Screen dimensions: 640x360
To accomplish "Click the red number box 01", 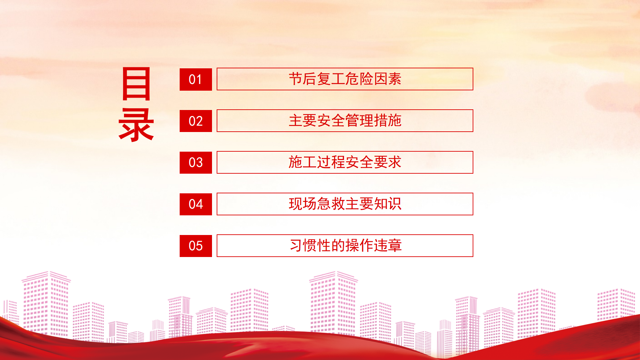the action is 196,79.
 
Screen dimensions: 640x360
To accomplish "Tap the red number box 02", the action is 196,121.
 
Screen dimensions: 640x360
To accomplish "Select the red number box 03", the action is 196,163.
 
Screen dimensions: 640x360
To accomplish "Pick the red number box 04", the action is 196,204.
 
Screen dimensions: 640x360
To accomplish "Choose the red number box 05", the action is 196,246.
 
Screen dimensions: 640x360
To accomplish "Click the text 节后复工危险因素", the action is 345,79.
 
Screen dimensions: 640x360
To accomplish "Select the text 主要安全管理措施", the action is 345,121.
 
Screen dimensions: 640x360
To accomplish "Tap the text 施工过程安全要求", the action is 345,162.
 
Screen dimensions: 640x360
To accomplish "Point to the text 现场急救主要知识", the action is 345,204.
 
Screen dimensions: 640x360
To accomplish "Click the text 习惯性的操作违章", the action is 346,246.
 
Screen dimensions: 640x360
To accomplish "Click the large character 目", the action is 136,84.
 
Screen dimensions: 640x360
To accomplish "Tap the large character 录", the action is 136,125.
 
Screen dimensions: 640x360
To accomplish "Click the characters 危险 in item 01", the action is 359,79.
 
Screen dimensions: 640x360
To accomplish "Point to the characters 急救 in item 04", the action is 331,204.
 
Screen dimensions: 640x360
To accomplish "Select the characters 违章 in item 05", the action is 388,246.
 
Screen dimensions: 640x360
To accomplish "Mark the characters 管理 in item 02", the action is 359,121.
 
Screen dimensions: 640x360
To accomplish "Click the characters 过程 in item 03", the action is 331,162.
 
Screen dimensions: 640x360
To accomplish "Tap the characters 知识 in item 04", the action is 388,204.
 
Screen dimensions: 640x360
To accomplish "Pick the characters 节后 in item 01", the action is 302,79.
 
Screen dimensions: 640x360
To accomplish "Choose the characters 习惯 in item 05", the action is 303,246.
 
